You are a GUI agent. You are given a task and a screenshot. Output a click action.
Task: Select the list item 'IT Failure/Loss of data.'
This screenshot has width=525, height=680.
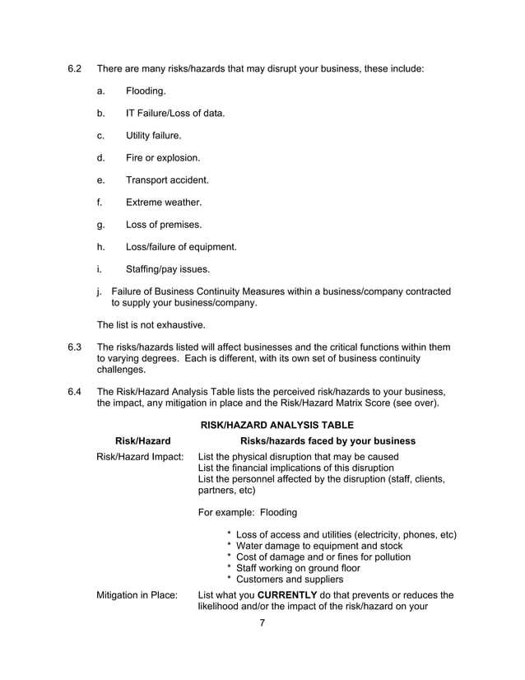(174, 113)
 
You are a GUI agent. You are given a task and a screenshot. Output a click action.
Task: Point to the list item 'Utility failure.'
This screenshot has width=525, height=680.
(154, 135)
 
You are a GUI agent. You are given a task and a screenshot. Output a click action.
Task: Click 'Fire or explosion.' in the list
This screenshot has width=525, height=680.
(162, 157)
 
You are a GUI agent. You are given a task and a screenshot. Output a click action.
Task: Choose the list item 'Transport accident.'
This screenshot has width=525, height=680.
(167, 179)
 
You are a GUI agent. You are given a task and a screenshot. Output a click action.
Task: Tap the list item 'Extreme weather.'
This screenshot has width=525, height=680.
(163, 202)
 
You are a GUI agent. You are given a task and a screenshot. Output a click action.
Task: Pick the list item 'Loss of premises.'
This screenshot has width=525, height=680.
(163, 224)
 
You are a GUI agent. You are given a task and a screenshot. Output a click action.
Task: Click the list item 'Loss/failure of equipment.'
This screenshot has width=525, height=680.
(181, 246)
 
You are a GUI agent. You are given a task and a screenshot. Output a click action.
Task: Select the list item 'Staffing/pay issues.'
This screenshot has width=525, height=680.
(167, 268)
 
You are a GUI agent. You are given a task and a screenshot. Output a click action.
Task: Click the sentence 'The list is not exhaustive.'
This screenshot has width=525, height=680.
(151, 324)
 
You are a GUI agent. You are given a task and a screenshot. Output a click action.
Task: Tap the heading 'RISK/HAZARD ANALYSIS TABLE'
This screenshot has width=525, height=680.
(276, 425)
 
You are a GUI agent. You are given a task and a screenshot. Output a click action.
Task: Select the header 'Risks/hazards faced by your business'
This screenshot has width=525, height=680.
(327, 441)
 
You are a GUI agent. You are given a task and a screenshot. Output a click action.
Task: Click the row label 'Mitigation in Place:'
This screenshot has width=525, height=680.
(137, 595)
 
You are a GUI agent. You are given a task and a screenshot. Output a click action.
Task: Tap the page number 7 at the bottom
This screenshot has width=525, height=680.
(262, 623)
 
